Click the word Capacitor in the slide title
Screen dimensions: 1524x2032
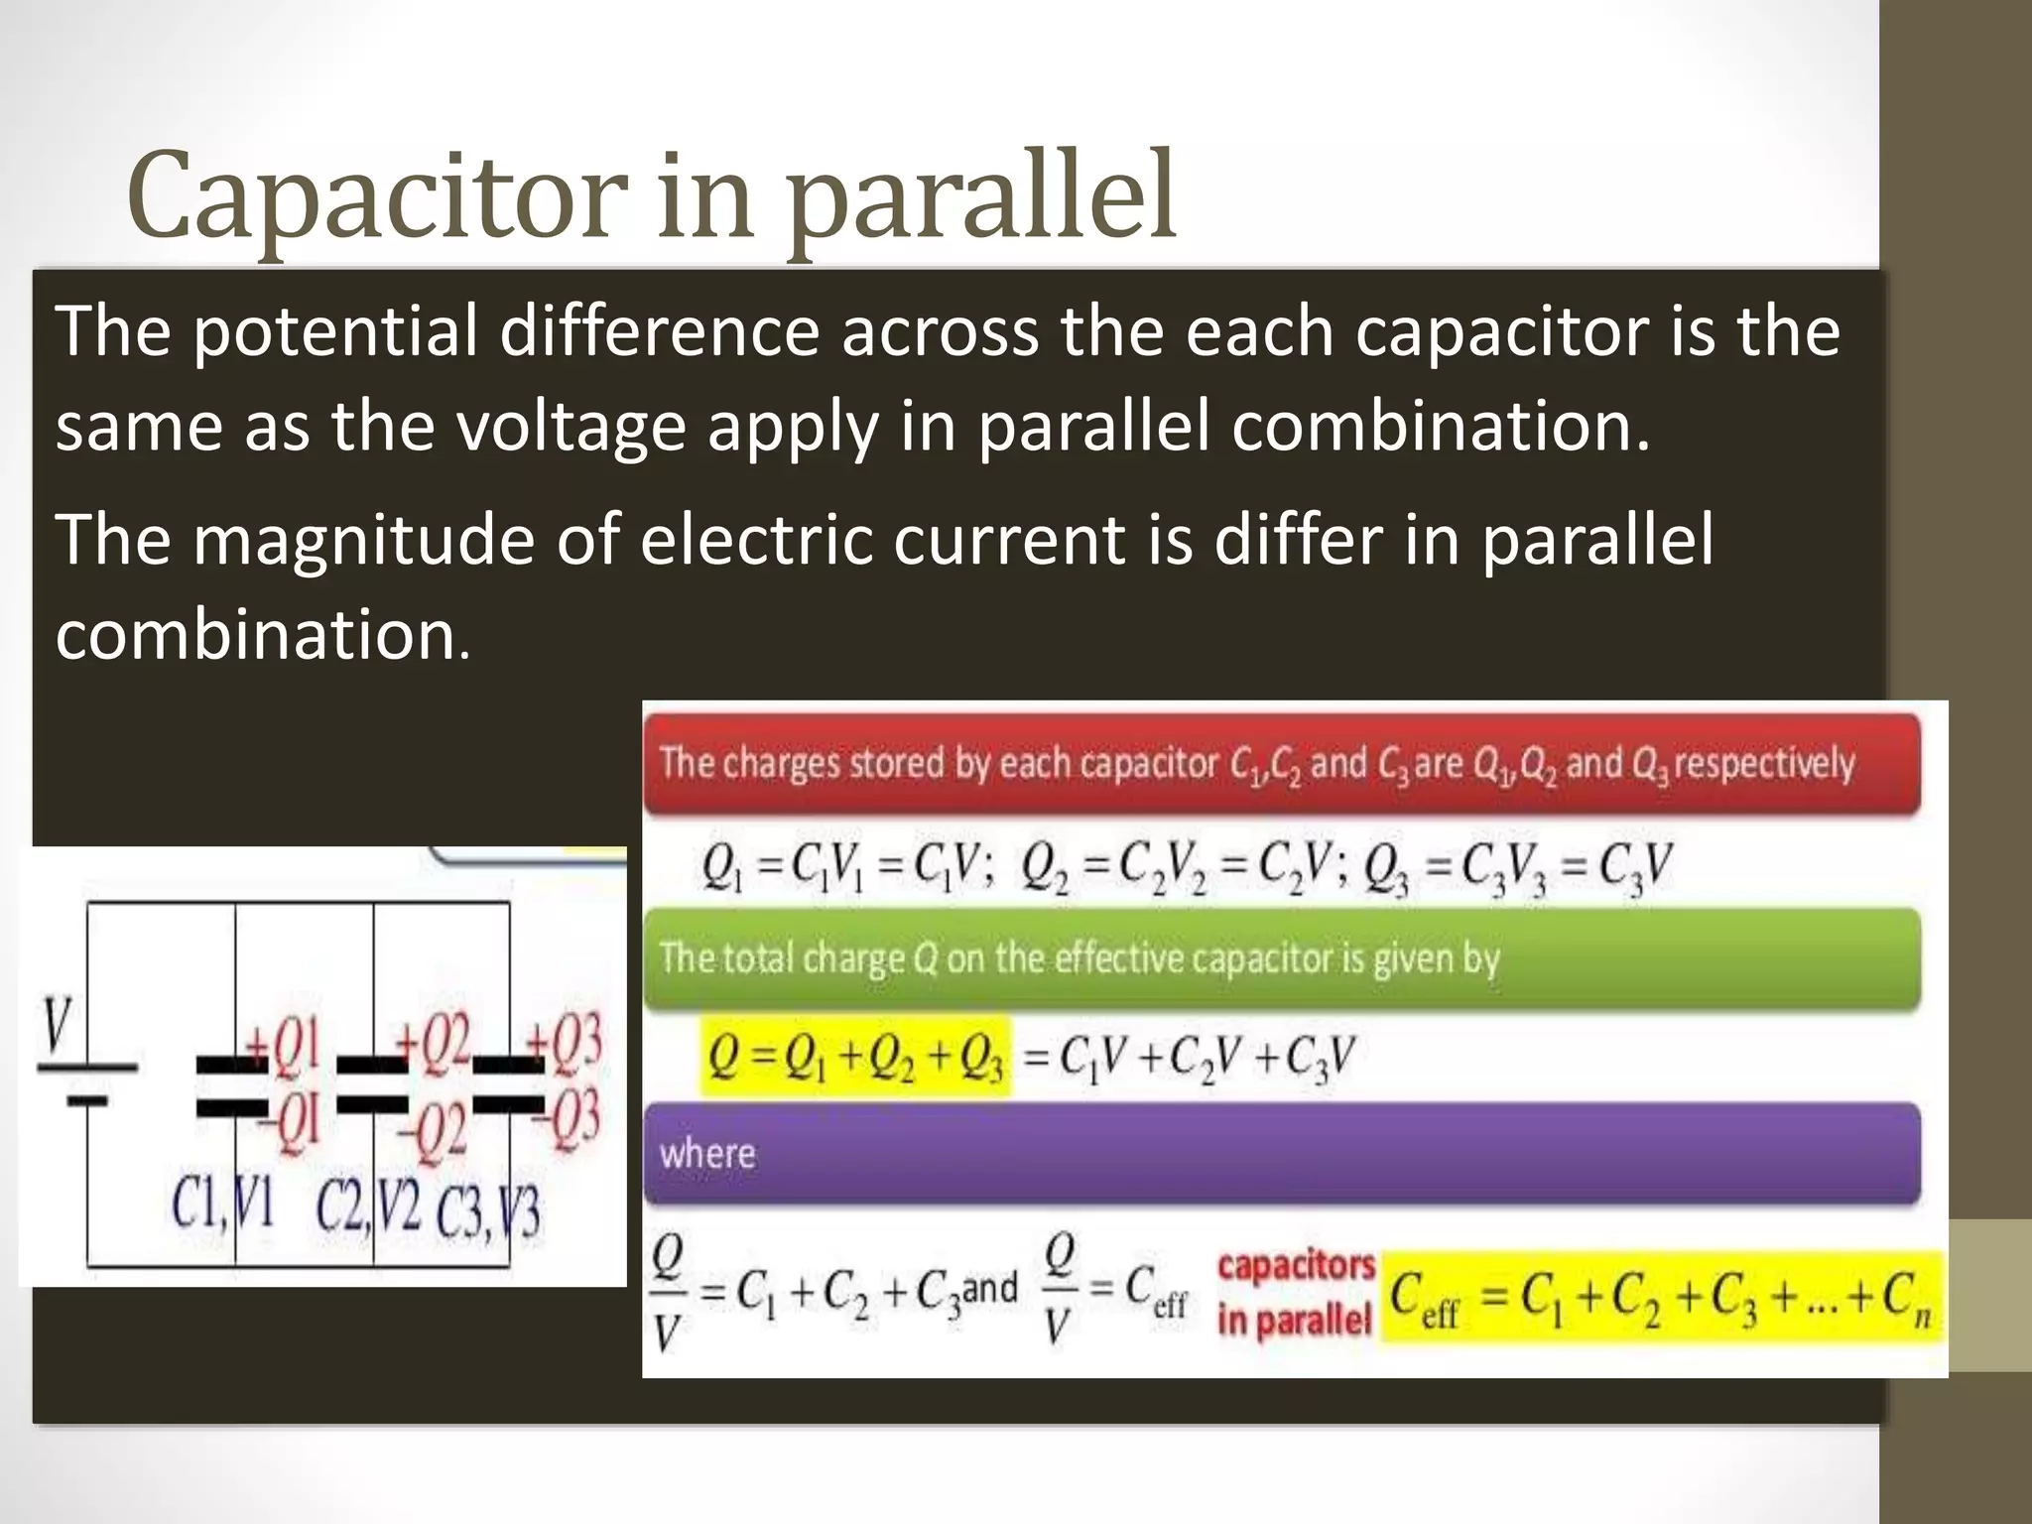[377, 196]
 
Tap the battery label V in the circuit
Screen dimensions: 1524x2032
[60, 1023]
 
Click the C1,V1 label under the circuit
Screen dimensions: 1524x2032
[222, 1205]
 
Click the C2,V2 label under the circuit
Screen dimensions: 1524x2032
[368, 1206]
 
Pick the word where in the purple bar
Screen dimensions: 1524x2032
[707, 1154]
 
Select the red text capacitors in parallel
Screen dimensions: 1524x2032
[1295, 1293]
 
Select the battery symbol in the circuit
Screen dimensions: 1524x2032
[87, 1082]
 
